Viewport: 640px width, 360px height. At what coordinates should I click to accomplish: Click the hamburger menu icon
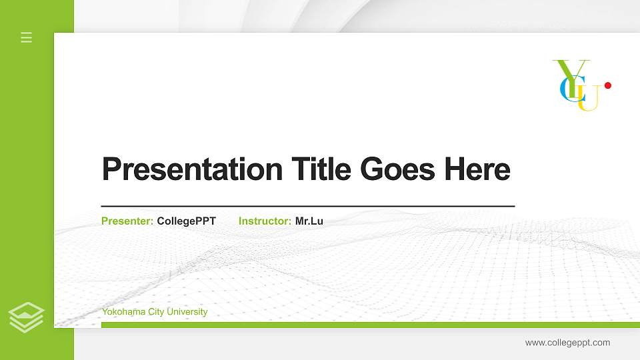tap(27, 37)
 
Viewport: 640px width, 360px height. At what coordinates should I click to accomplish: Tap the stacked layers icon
tap(27, 317)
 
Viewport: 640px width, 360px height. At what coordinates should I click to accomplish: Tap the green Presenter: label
tap(127, 221)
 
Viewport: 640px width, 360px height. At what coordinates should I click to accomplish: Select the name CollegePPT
tap(187, 221)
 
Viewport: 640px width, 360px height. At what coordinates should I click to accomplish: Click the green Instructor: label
tap(265, 221)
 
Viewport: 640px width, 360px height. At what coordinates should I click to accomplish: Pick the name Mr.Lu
tap(309, 221)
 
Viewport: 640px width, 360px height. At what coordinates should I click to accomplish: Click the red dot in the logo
tap(607, 85)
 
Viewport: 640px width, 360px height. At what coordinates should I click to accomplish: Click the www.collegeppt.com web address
tap(567, 343)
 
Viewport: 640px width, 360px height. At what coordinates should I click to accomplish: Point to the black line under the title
tap(307, 207)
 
